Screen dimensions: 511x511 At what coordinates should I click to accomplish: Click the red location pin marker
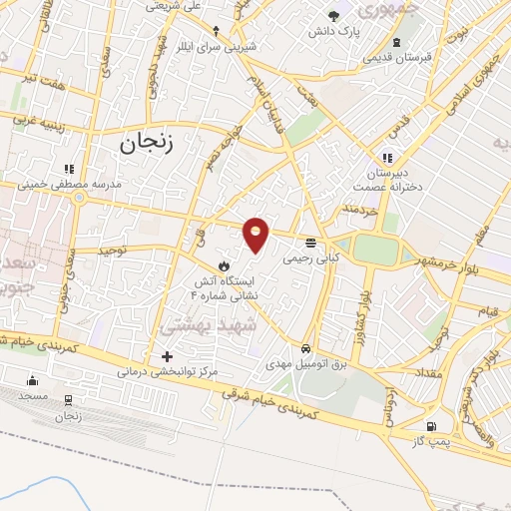click(256, 234)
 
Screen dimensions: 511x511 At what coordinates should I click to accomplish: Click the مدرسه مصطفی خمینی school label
click(70, 185)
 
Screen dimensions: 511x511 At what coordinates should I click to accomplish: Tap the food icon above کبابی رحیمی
click(312, 243)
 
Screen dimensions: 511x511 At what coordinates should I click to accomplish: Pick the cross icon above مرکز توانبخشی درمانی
click(167, 356)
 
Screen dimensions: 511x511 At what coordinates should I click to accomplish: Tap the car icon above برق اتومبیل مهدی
click(306, 349)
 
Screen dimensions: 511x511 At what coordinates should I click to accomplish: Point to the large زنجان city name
click(147, 143)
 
